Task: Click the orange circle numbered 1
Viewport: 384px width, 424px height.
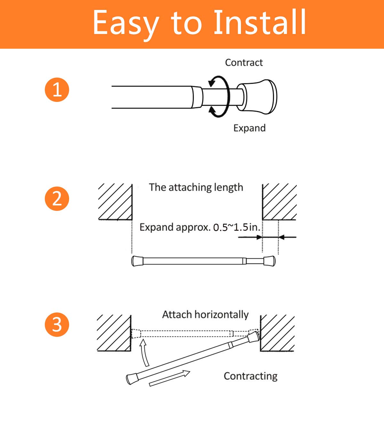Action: pyautogui.click(x=57, y=89)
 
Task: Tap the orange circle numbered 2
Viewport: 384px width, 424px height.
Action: pyautogui.click(x=57, y=198)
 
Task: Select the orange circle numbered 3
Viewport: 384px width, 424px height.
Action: pyautogui.click(x=57, y=324)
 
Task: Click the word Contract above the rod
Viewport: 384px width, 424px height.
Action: pyautogui.click(x=244, y=62)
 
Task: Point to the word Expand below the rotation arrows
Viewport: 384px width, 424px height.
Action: pyautogui.click(x=249, y=128)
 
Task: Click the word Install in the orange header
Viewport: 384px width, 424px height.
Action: pyautogui.click(x=260, y=22)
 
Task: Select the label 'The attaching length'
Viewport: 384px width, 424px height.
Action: pyautogui.click(x=196, y=187)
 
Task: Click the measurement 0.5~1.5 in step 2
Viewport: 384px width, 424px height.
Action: pyautogui.click(x=231, y=227)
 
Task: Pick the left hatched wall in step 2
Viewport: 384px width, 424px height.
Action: pyautogui.click(x=115, y=202)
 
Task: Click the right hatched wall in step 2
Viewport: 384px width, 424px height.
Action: pyautogui.click(x=279, y=202)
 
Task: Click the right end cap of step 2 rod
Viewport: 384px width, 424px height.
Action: pyautogui.click(x=269, y=261)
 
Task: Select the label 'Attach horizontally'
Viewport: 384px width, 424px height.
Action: pyautogui.click(x=205, y=314)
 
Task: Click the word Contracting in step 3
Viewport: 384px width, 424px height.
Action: pyautogui.click(x=250, y=376)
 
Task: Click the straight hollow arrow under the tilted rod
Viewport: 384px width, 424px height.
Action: pyautogui.click(x=170, y=378)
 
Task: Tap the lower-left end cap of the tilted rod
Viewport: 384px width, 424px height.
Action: pyautogui.click(x=132, y=378)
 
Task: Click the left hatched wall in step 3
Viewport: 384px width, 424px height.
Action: pyautogui.click(x=114, y=333)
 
